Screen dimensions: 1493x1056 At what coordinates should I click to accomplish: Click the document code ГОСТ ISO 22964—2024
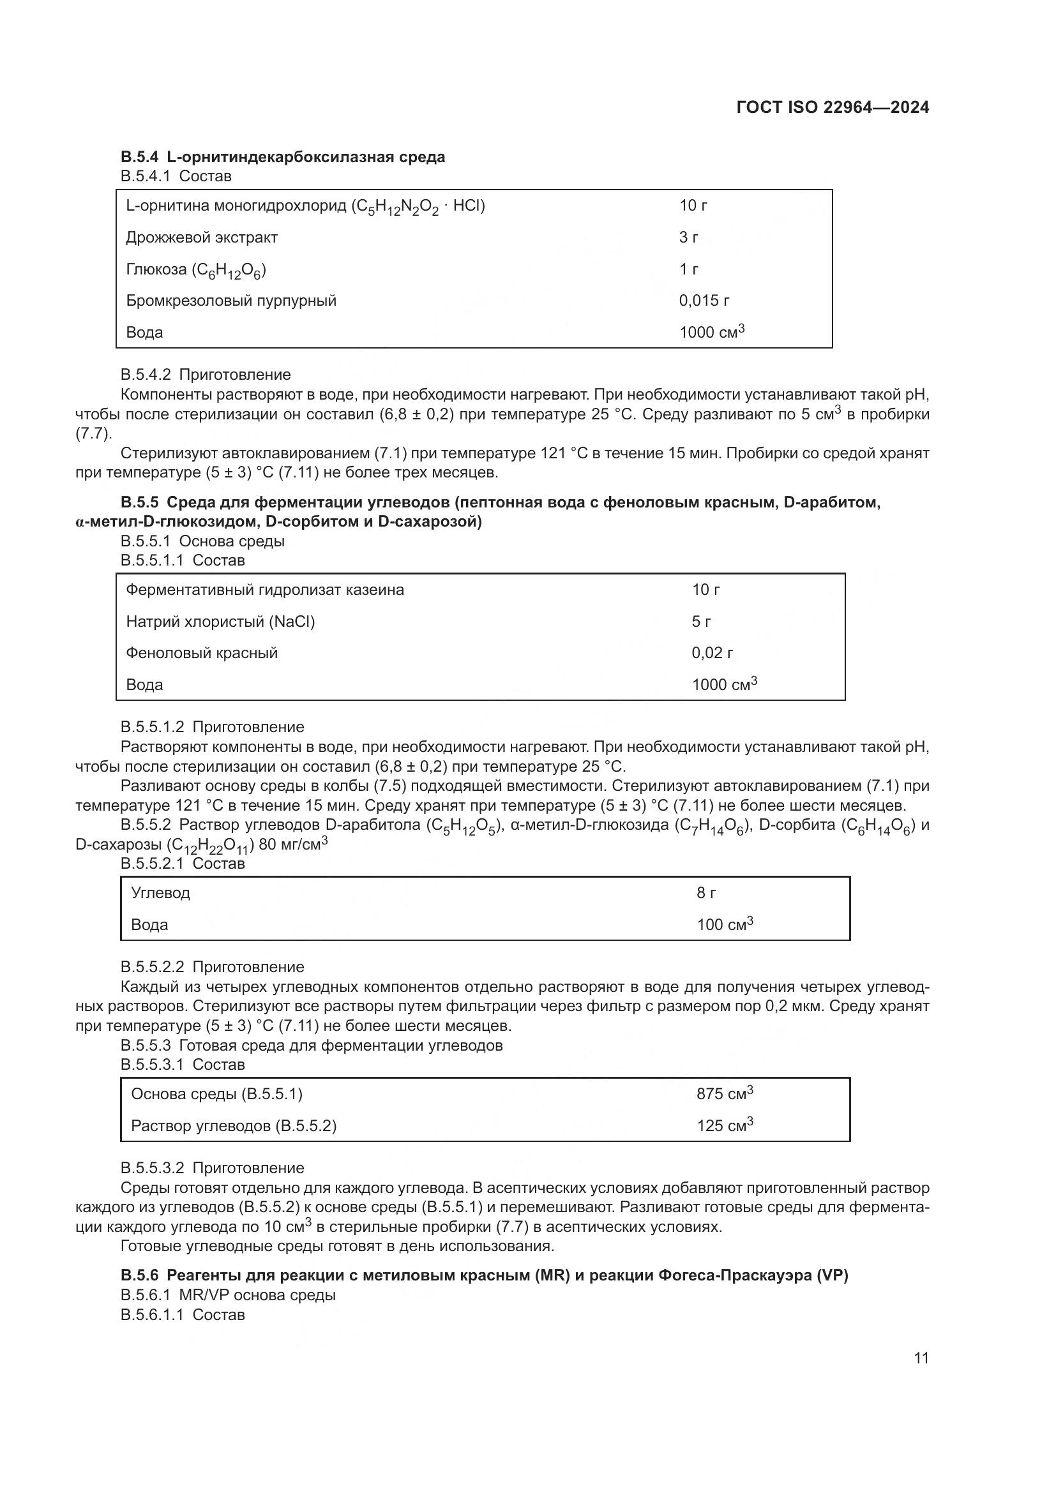click(833, 107)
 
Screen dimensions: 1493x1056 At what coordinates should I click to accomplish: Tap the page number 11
click(921, 1358)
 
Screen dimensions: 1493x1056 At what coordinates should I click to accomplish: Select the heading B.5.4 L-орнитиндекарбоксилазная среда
click(283, 157)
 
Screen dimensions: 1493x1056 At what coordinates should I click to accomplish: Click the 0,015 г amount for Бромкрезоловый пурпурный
click(704, 301)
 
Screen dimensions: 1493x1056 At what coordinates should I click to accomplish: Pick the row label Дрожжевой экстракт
click(202, 237)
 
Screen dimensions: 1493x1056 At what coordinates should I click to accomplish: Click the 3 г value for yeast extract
click(689, 237)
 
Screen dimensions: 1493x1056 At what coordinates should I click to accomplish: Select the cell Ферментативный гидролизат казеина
click(265, 590)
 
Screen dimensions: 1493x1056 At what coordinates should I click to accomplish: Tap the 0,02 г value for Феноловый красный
click(711, 653)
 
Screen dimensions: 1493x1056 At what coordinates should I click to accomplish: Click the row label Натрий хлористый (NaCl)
click(220, 622)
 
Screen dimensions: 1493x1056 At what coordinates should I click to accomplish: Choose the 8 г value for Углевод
click(706, 893)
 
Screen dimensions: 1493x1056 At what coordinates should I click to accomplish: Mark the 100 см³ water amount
click(725, 924)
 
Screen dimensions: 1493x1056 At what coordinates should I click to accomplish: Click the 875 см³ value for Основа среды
click(725, 1094)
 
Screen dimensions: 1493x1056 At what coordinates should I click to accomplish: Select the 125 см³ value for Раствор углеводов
click(725, 1125)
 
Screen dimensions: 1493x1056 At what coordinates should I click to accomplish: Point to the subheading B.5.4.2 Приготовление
click(206, 375)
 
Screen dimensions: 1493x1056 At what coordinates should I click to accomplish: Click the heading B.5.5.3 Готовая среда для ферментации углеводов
click(312, 1046)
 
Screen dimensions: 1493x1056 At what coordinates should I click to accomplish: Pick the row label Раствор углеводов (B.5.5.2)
click(234, 1125)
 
